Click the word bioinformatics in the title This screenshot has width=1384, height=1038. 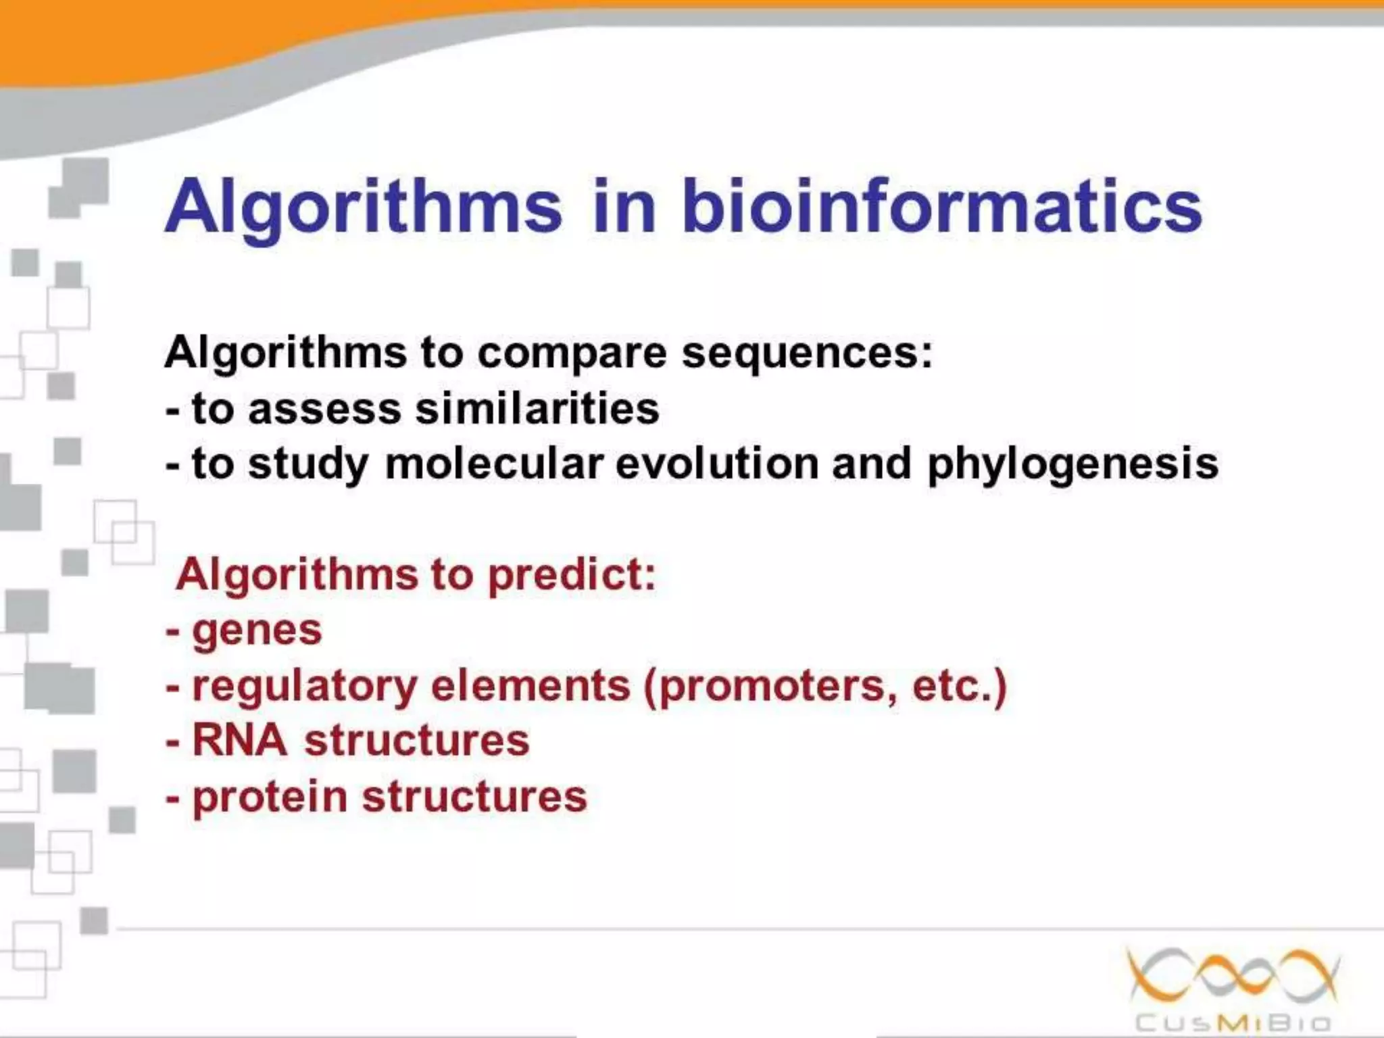tap(942, 205)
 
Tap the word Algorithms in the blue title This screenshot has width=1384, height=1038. tap(363, 205)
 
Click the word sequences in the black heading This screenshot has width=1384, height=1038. tap(807, 353)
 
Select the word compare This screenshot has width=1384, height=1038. tap(572, 354)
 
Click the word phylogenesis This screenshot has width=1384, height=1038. tap(1073, 465)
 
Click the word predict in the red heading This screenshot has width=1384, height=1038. tap(572, 576)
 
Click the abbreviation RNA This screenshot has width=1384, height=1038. tap(240, 739)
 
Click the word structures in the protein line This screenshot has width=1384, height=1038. tap(475, 796)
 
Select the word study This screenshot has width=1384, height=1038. tap(308, 465)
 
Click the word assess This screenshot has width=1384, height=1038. tap(325, 410)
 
